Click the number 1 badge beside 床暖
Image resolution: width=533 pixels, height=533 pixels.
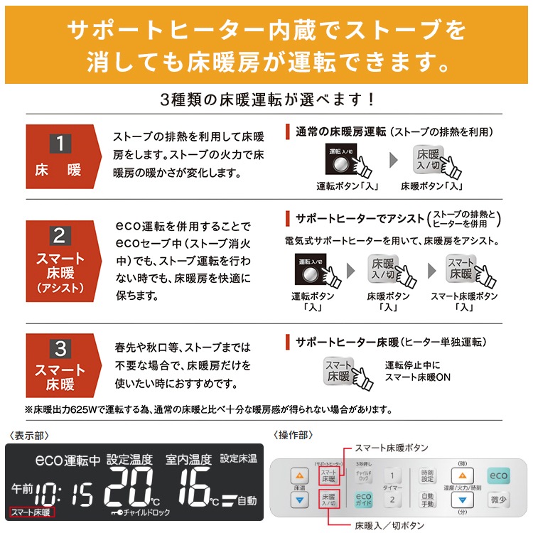point(60,143)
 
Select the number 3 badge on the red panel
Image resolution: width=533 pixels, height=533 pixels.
point(60,348)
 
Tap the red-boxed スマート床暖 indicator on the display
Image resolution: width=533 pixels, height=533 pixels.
point(32,512)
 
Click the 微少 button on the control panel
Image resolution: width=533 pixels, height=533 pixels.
point(498,500)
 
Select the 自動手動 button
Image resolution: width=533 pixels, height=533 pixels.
point(427,500)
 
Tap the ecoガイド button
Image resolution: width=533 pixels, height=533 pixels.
point(363,500)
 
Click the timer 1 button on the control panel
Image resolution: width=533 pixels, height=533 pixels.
point(390,476)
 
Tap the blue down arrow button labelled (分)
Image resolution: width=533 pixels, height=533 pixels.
point(463,501)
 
